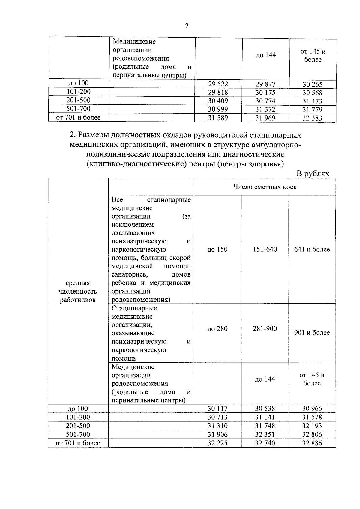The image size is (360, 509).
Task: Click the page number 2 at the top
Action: [x=187, y=27]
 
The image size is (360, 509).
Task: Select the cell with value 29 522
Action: [x=218, y=84]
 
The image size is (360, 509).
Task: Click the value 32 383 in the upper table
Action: [x=312, y=118]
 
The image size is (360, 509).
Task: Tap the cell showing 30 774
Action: [x=265, y=101]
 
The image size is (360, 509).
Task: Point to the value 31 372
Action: [x=265, y=109]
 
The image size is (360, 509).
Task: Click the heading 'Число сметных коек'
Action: [x=265, y=187]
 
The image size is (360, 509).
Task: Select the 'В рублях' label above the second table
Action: [x=313, y=173]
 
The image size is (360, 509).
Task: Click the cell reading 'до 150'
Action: [x=217, y=249]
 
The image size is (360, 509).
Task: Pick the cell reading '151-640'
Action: [x=265, y=249]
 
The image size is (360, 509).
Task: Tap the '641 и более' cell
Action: [x=312, y=249]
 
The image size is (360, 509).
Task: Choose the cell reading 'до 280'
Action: [x=217, y=329]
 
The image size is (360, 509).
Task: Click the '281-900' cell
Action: [x=265, y=328]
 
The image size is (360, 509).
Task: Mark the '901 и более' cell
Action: [x=312, y=333]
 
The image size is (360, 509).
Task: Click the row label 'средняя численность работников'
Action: [x=78, y=291]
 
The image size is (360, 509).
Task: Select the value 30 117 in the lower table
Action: [x=217, y=409]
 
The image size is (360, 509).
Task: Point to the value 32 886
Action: [x=312, y=443]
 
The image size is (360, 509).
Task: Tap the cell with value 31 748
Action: [x=265, y=426]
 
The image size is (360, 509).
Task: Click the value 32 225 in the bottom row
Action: [x=217, y=443]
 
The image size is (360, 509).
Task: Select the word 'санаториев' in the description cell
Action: [x=129, y=274]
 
